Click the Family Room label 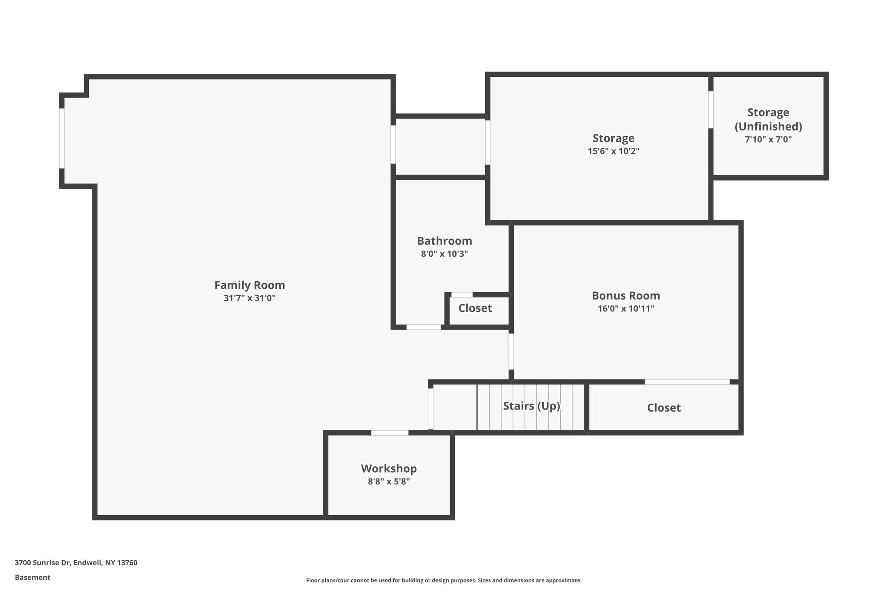coord(249,285)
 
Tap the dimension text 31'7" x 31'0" coord(249,298)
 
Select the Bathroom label coord(444,241)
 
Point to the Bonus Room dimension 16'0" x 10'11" coord(626,308)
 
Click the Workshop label coord(388,468)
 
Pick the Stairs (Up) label coord(531,406)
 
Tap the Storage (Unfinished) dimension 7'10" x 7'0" coord(768,140)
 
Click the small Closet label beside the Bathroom coord(475,308)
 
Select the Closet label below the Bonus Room coord(663,408)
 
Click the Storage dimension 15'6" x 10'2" coord(613,151)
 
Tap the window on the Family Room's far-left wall coord(62,138)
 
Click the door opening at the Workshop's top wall coord(389,432)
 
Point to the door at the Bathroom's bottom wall coord(423,327)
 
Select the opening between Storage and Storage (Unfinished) coord(711,109)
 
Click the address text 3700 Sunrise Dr coord(76,563)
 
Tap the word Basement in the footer coord(33,577)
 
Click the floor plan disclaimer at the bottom coord(444,580)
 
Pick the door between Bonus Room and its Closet coord(687,382)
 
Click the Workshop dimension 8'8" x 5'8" coord(388,481)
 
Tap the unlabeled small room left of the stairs coord(454,407)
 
